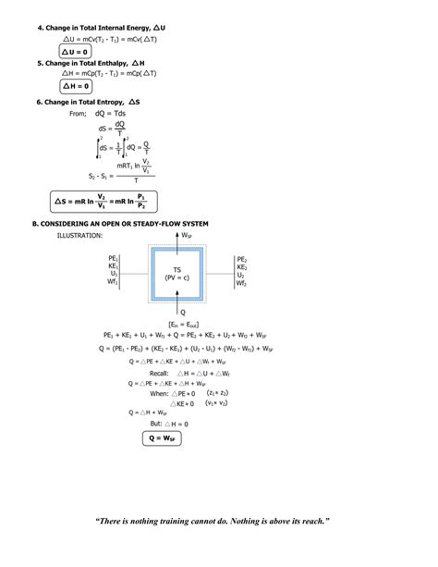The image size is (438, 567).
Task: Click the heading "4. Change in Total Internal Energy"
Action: (102, 29)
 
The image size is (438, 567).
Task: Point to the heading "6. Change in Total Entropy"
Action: (89, 101)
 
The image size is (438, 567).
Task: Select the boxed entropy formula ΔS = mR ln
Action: (102, 200)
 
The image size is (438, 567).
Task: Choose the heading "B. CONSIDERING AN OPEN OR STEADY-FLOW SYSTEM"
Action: (120, 224)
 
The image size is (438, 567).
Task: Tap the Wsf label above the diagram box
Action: (188, 236)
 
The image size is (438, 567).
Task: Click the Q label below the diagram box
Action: (183, 312)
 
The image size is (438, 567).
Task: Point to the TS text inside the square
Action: (177, 269)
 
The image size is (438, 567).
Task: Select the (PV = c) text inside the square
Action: (177, 277)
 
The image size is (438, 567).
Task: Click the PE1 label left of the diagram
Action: (113, 259)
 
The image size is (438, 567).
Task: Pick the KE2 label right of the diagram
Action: (241, 267)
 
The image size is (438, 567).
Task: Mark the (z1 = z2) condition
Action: (217, 392)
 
